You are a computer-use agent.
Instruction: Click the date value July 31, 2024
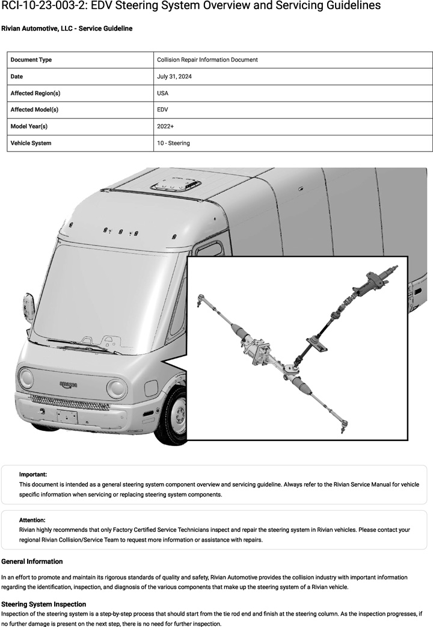pyautogui.click(x=174, y=76)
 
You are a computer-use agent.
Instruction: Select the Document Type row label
pyautogui.click(x=31, y=60)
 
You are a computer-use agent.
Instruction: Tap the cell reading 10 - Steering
pyautogui.click(x=173, y=143)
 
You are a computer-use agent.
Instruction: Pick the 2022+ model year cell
pyautogui.click(x=165, y=126)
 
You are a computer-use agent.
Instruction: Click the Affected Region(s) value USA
pyautogui.click(x=162, y=93)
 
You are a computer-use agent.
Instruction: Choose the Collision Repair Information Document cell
pyautogui.click(x=207, y=60)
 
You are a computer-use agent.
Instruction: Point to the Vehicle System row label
pyautogui.click(x=31, y=143)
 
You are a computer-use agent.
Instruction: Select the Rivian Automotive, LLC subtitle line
pyautogui.click(x=67, y=28)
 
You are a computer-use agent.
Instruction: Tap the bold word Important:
pyautogui.click(x=33, y=474)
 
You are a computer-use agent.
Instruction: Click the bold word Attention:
pyautogui.click(x=32, y=520)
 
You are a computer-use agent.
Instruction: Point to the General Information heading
pyautogui.click(x=32, y=561)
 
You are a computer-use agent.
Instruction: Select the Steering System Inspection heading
pyautogui.click(x=44, y=604)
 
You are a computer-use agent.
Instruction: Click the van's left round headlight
pyautogui.click(x=26, y=378)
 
